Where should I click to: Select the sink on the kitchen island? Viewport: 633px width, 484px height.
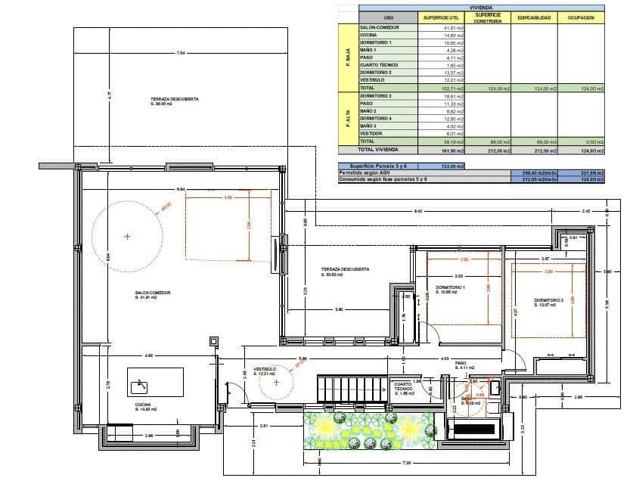click(x=139, y=387)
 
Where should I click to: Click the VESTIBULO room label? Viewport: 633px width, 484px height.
click(x=265, y=371)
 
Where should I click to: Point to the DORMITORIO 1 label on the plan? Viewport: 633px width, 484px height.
click(x=451, y=287)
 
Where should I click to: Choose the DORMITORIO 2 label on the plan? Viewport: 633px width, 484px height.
click(x=549, y=301)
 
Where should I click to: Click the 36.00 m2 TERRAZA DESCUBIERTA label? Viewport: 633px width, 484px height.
click(x=174, y=101)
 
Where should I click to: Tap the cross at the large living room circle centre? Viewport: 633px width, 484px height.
click(x=127, y=237)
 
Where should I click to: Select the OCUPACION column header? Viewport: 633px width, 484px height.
click(x=582, y=17)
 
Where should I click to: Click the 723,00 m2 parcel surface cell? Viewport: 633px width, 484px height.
click(x=453, y=165)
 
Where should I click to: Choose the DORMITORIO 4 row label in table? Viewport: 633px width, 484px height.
click(x=376, y=119)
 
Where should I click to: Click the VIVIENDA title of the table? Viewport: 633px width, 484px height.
click(x=482, y=7)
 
